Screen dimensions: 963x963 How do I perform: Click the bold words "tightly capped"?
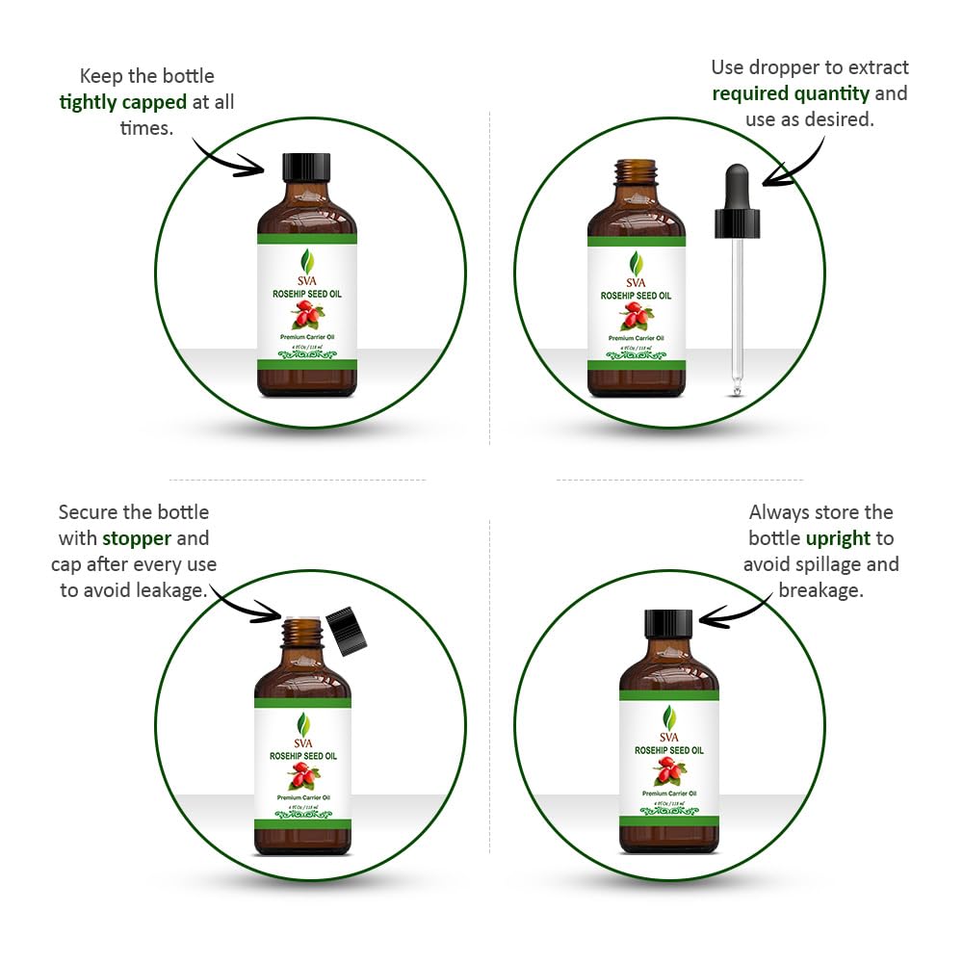pos(122,102)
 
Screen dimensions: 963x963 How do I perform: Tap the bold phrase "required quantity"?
pos(791,93)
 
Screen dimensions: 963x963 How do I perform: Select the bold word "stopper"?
pos(137,538)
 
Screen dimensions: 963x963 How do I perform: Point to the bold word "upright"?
pos(838,538)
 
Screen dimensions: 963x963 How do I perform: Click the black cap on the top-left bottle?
pos(306,167)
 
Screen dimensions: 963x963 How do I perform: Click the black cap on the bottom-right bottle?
pos(668,623)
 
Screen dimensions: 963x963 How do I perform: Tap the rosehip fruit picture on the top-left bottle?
pos(306,314)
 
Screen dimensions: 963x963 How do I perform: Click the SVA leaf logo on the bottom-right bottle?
pos(668,718)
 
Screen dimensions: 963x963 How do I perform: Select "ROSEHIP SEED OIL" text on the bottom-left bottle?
pos(302,757)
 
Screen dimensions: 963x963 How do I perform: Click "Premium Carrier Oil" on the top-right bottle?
pos(636,338)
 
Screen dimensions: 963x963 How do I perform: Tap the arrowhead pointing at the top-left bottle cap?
pos(258,169)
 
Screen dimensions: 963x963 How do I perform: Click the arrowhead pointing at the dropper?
pos(768,179)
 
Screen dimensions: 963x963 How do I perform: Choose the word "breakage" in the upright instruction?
pos(820,589)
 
